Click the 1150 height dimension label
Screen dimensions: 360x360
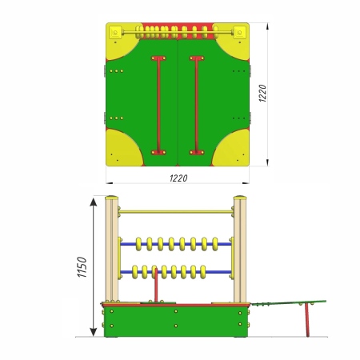[82, 267]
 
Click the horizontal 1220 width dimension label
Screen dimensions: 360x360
[178, 178]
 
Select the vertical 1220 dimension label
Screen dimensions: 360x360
[262, 93]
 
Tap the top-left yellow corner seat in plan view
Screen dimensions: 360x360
[121, 42]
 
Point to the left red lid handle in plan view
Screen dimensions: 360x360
[158, 106]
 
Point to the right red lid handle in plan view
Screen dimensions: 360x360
[197, 106]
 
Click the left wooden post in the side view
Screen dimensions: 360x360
[112, 250]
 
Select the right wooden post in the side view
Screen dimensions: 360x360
[240, 250]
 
